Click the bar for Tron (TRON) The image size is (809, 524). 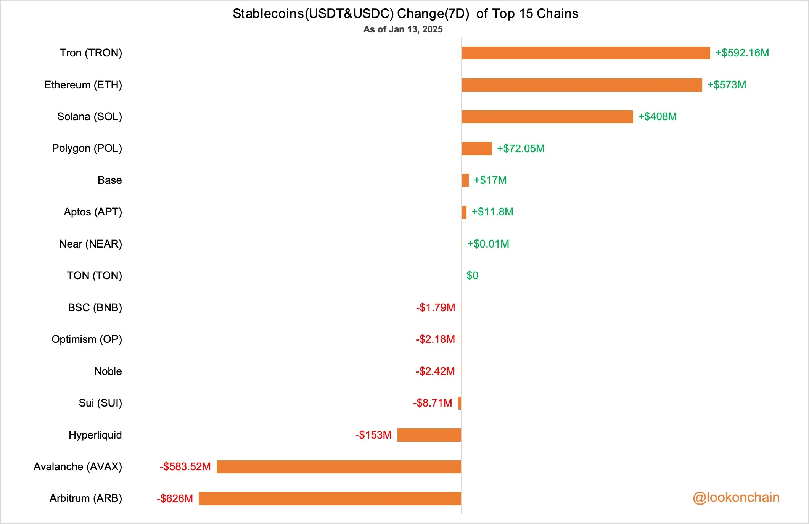coord(585,53)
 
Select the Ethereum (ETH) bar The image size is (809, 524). coord(582,85)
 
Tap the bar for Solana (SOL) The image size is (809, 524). coord(547,117)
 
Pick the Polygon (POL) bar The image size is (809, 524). coord(476,148)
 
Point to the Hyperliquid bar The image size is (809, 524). coord(429,435)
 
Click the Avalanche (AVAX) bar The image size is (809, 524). coord(339,467)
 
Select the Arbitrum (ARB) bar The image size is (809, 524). coord(330,498)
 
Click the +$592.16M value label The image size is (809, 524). coord(742,53)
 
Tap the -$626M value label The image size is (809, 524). coord(175,498)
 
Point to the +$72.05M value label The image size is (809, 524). coord(521,148)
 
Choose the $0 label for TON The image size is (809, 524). coord(472,276)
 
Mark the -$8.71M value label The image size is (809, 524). coord(433,403)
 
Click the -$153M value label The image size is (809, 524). coord(373,435)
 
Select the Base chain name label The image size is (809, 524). coord(109,180)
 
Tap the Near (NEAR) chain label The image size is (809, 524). coord(90,244)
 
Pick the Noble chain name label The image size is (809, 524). coord(108,371)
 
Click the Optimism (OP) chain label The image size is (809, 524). coord(87,339)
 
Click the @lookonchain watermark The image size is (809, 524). coord(736,497)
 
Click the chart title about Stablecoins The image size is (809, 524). coord(405,14)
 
